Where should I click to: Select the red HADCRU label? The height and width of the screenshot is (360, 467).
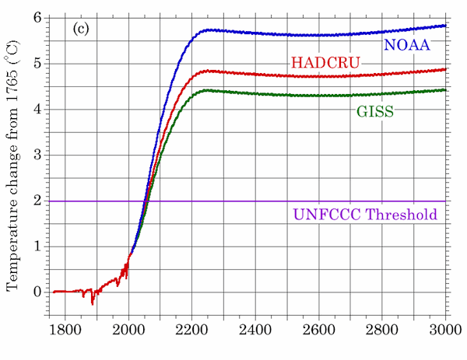pyautogui.click(x=321, y=63)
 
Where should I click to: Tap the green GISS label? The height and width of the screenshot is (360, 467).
pyautogui.click(x=375, y=112)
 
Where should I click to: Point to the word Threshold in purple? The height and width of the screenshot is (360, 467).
pyautogui.click(x=402, y=215)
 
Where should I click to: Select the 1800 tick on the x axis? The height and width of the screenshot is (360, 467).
pyautogui.click(x=65, y=330)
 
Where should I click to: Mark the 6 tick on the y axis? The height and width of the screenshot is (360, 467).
pyautogui.click(x=37, y=18)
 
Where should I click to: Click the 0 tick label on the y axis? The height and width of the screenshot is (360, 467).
pyautogui.click(x=37, y=292)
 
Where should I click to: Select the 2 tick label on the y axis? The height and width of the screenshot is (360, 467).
pyautogui.click(x=37, y=201)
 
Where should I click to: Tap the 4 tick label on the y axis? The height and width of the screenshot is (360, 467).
pyautogui.click(x=37, y=110)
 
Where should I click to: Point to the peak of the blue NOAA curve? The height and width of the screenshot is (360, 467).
pyautogui.click(x=208, y=30)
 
